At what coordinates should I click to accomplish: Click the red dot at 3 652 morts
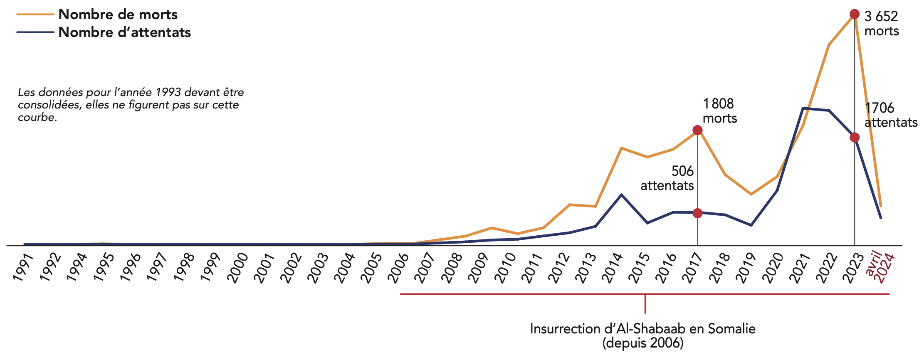[x=854, y=15]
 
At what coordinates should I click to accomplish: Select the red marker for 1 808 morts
[x=697, y=131]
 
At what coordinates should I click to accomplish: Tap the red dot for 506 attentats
[x=697, y=213]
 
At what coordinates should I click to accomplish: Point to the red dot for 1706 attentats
[x=854, y=138]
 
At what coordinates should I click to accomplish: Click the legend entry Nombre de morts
[x=118, y=15]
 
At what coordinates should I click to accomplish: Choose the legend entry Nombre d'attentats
[x=124, y=32]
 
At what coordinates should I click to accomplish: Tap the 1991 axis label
[x=23, y=269]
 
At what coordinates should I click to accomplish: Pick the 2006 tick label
[x=398, y=269]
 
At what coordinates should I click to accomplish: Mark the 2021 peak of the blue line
[x=803, y=108]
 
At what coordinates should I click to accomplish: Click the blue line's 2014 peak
[x=621, y=195]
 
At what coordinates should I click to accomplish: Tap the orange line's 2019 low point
[x=751, y=194]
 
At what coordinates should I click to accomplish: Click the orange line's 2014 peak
[x=621, y=148]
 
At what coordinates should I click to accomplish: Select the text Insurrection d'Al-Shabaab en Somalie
[x=642, y=329]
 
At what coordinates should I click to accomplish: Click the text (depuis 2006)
[x=642, y=343]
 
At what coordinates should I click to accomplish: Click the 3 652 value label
[x=881, y=17]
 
